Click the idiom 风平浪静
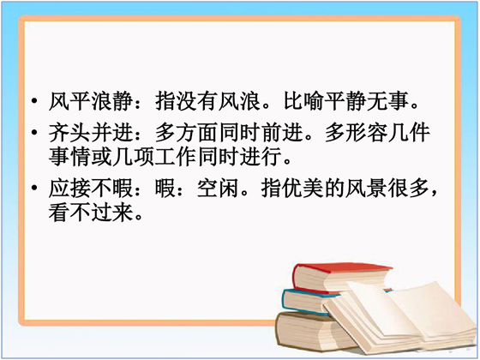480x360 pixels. [91, 101]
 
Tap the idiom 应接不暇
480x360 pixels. [91, 188]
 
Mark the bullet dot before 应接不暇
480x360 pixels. [35, 188]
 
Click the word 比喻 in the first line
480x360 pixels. [303, 101]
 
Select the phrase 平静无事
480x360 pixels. [366, 101]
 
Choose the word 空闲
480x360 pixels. [218, 188]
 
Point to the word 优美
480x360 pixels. [292, 188]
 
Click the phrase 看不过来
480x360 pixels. [91, 213]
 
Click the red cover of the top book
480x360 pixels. [343, 268]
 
